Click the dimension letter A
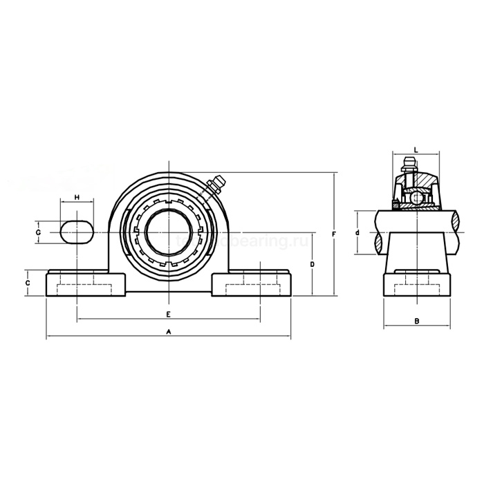pos(168,332)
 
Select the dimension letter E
pos(168,314)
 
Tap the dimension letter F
pos(334,234)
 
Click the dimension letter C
pos(28,283)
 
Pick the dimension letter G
pos(39,232)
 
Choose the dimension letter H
pos(77,198)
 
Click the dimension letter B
pos(416,320)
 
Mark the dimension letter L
pos(416,149)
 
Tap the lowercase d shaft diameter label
pos(357,233)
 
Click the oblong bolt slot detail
pos(76,232)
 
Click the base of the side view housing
pos(416,285)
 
